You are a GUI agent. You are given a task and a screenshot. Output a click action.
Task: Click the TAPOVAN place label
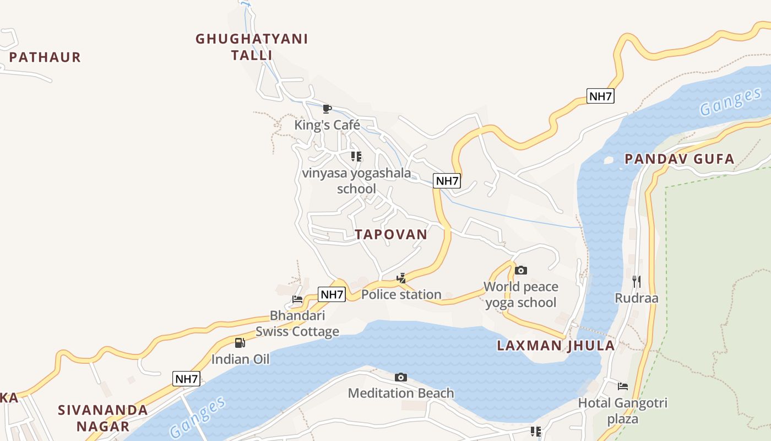tap(391, 234)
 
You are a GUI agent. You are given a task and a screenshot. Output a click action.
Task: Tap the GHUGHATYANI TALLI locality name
tap(252, 47)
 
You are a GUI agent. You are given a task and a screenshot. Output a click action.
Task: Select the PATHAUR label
tap(45, 57)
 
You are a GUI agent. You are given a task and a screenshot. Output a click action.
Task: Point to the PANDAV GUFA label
tap(680, 159)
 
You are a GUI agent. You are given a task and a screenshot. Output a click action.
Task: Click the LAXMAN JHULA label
tap(556, 346)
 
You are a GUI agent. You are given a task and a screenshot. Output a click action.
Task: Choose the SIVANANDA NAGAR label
tap(103, 418)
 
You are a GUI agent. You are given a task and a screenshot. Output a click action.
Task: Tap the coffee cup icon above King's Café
tap(327, 109)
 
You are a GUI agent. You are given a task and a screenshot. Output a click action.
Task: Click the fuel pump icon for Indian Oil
tap(240, 343)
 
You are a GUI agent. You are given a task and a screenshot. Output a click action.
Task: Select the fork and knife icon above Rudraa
tap(637, 282)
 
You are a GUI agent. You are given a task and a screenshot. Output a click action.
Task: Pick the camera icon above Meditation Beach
tap(401, 378)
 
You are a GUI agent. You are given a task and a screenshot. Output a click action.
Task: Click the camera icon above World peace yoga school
tap(520, 270)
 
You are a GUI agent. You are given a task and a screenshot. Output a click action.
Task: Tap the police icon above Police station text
tap(401, 278)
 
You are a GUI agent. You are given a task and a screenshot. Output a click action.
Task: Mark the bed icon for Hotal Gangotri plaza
tap(623, 386)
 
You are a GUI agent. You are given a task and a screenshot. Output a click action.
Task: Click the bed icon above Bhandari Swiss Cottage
tap(297, 299)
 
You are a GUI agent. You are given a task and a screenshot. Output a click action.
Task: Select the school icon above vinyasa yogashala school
tap(356, 157)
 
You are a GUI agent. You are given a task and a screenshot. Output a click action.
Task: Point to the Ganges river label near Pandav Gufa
tap(731, 103)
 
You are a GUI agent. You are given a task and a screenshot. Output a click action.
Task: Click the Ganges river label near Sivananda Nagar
tap(198, 417)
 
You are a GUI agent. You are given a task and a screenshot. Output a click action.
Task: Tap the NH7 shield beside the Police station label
tap(332, 294)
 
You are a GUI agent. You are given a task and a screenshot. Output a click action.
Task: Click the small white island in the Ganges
tap(608, 160)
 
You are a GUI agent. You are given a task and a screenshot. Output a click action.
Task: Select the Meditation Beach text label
tap(401, 393)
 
